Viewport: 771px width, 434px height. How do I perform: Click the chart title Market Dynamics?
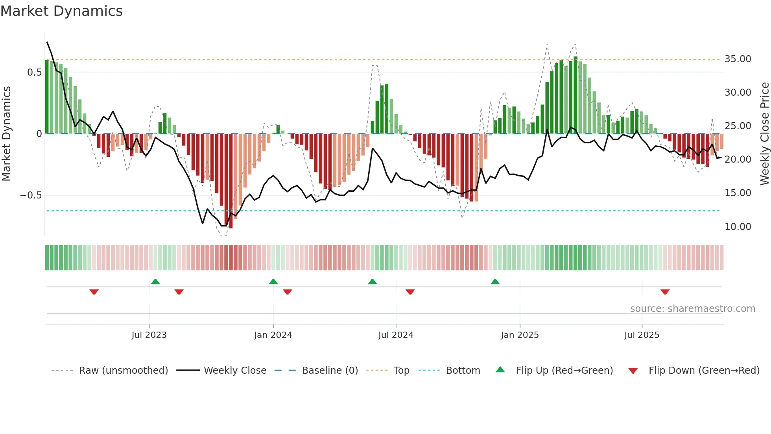pos(62,11)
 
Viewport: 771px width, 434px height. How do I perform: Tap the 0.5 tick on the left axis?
pos(34,72)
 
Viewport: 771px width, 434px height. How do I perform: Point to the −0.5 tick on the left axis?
pos(31,195)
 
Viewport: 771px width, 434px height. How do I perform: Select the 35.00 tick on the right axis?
pos(738,59)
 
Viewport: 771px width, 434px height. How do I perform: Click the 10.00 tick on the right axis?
pos(738,227)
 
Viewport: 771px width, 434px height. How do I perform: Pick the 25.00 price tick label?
pos(738,126)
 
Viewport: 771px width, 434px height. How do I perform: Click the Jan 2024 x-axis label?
pos(273,335)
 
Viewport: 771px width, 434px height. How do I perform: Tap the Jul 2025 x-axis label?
pos(642,335)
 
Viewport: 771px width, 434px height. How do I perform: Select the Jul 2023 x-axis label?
pos(149,335)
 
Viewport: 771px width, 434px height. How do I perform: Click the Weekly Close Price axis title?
pos(764,134)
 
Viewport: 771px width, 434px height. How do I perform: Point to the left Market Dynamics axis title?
pos(6,134)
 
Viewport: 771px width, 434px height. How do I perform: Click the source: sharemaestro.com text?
pos(692,309)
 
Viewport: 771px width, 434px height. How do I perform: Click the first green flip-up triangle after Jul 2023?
pos(155,282)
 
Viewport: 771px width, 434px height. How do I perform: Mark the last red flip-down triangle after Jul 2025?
pos(665,292)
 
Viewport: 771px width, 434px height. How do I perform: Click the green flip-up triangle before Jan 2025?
pos(495,282)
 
